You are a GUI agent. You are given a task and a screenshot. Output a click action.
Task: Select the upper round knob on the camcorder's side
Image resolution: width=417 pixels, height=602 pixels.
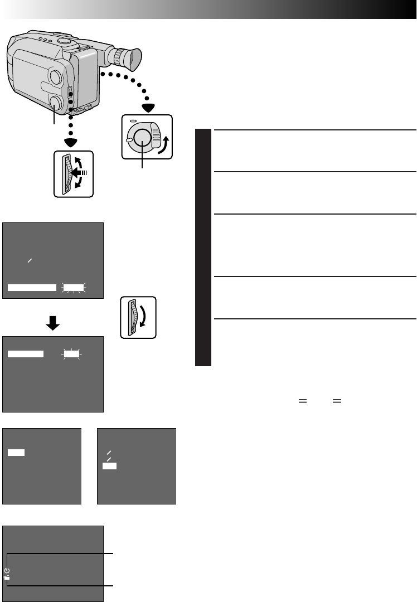pyautogui.click(x=56, y=76)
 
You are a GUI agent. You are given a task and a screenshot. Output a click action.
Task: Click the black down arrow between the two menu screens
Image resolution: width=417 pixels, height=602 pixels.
pyautogui.click(x=53, y=323)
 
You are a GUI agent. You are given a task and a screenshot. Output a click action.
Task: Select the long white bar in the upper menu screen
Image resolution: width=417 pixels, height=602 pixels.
pyautogui.click(x=32, y=288)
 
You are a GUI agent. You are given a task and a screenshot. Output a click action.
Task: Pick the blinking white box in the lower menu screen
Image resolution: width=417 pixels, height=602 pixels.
pyautogui.click(x=71, y=353)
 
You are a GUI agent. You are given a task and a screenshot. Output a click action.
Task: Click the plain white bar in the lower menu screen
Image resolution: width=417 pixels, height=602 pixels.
pyautogui.click(x=26, y=353)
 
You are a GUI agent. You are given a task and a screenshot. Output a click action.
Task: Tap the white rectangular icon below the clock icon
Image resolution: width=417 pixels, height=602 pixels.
pyautogui.click(x=7, y=578)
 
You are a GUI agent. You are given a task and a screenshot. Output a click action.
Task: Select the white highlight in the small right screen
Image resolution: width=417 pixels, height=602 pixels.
pyautogui.click(x=110, y=465)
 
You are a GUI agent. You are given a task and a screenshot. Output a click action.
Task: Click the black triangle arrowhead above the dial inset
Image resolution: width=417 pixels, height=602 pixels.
pyautogui.click(x=148, y=108)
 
